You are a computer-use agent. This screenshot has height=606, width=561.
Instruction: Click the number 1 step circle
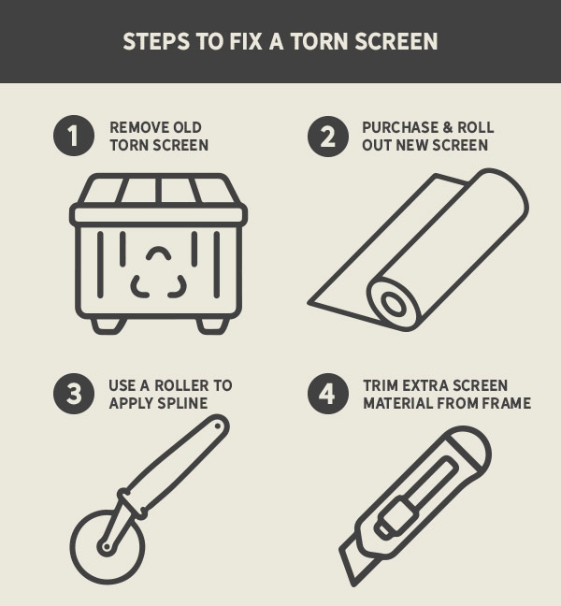coord(74,136)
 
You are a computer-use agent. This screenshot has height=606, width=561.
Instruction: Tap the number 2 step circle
coord(328,136)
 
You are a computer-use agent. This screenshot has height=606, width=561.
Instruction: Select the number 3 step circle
coord(74,394)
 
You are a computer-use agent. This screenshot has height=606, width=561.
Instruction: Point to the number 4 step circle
coord(328,394)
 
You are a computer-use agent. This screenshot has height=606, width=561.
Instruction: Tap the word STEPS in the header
coord(156,41)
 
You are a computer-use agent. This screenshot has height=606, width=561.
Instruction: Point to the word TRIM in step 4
coord(379,385)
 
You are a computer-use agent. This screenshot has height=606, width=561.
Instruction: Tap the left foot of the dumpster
coord(109,325)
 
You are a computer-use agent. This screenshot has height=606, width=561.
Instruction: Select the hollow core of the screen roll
coord(394,303)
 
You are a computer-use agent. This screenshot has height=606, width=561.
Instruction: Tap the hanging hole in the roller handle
coord(218,426)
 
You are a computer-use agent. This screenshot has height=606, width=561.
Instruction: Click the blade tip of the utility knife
coord(353,584)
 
